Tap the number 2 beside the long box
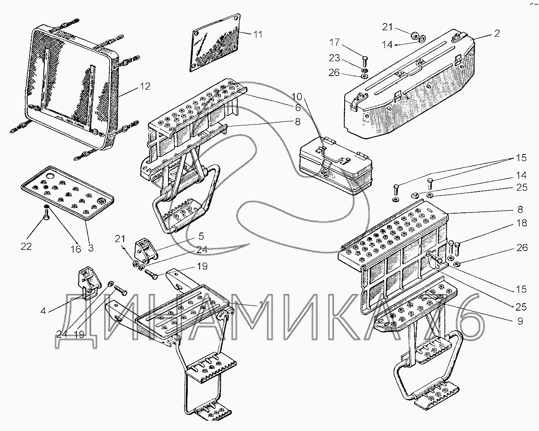click(497, 33)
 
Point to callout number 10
click(296, 97)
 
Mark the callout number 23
click(334, 58)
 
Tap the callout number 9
click(520, 322)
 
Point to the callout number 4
click(43, 311)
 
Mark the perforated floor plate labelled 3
click(68, 191)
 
